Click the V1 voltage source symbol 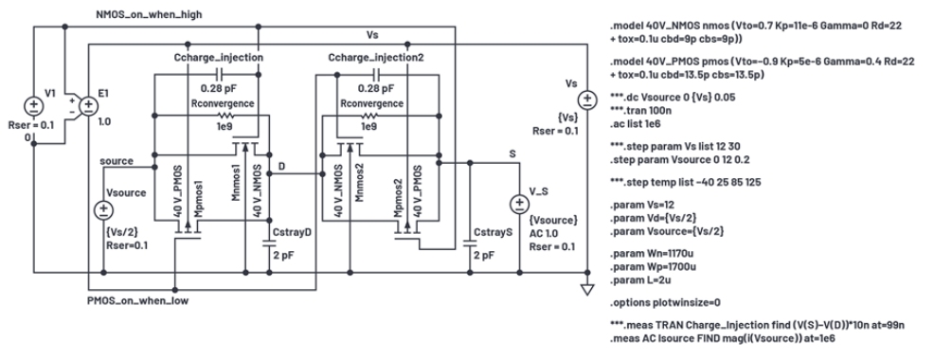[x=33, y=106]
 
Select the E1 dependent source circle [x=89, y=106]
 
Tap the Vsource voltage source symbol [x=103, y=209]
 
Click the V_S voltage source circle [x=519, y=205]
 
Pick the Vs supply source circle [x=587, y=99]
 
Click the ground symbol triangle [x=587, y=290]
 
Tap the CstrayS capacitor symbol [x=470, y=242]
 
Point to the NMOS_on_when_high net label [x=149, y=14]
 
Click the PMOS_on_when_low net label [x=137, y=300]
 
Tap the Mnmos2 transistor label [x=358, y=183]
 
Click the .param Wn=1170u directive [x=653, y=257]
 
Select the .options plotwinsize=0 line [x=665, y=302]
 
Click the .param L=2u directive [x=638, y=279]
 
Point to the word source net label [x=117, y=161]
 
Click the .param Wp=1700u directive [x=653, y=267]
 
